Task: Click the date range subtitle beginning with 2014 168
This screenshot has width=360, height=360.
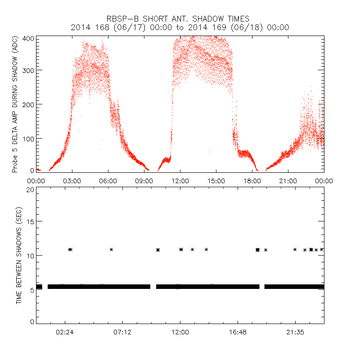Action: point(180,27)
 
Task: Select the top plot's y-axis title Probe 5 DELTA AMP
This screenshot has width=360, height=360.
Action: point(14,104)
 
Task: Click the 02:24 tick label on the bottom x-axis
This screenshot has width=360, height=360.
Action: point(65,332)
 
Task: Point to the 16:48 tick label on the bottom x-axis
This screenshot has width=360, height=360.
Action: point(238,332)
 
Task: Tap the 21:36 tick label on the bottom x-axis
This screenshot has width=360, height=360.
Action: point(295,332)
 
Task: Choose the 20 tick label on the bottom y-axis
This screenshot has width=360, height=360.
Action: point(30,189)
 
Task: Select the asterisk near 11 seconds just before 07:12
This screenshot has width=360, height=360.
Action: point(111,249)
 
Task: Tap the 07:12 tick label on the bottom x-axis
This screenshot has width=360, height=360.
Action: point(122,332)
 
